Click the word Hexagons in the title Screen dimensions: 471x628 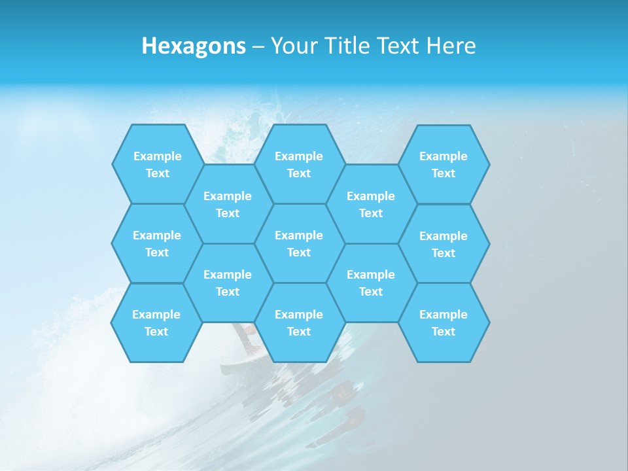point(194,46)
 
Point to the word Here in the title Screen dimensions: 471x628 point(451,46)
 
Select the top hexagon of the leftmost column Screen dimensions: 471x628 point(158,164)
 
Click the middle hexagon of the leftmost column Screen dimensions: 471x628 point(158,243)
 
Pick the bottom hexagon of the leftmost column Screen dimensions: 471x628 point(157,323)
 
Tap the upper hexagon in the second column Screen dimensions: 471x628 point(228,204)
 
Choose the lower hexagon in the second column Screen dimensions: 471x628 point(228,283)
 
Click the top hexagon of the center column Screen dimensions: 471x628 point(299,164)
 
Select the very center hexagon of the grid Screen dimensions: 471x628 point(299,243)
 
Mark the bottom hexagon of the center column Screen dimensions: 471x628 point(299,323)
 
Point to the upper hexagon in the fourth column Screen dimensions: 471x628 point(371,204)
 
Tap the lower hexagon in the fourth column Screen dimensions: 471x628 point(371,283)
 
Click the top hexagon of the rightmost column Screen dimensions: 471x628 point(444,164)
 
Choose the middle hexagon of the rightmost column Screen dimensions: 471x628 point(444,244)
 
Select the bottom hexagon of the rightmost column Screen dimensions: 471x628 point(444,323)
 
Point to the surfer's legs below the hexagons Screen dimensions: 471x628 point(249,338)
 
